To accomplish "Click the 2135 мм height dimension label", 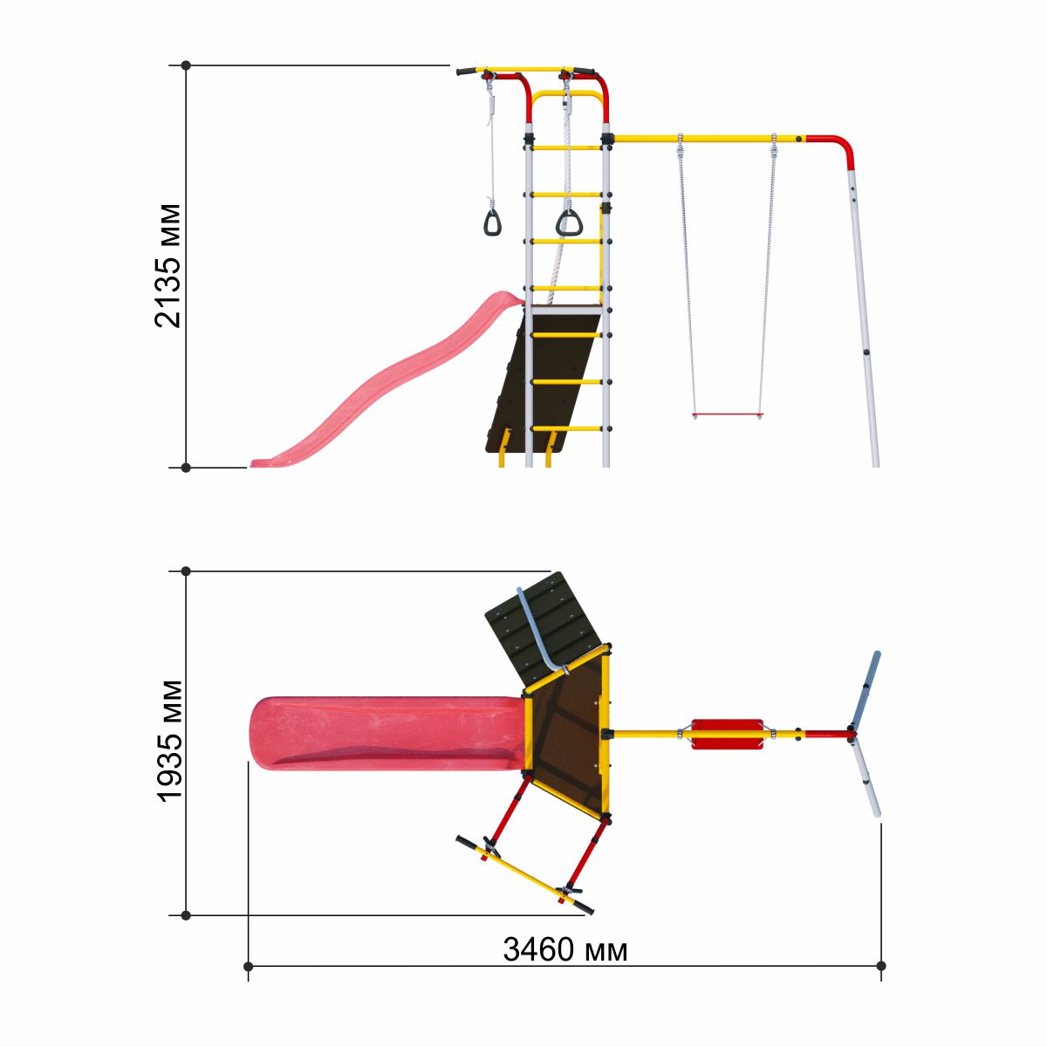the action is tap(167, 266).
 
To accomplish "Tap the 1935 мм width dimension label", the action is tap(169, 741).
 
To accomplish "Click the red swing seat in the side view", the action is tap(727, 415).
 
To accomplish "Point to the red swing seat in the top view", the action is tap(727, 735).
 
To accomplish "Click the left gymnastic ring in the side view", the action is tap(492, 222).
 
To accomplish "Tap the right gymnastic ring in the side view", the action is tap(569, 222).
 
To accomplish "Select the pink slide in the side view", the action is tap(387, 380).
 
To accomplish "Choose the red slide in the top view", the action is tap(387, 733).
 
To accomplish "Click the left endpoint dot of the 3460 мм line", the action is tap(248, 967).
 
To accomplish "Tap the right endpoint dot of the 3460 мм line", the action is tap(880, 966).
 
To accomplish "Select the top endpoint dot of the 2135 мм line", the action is tap(186, 65).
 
